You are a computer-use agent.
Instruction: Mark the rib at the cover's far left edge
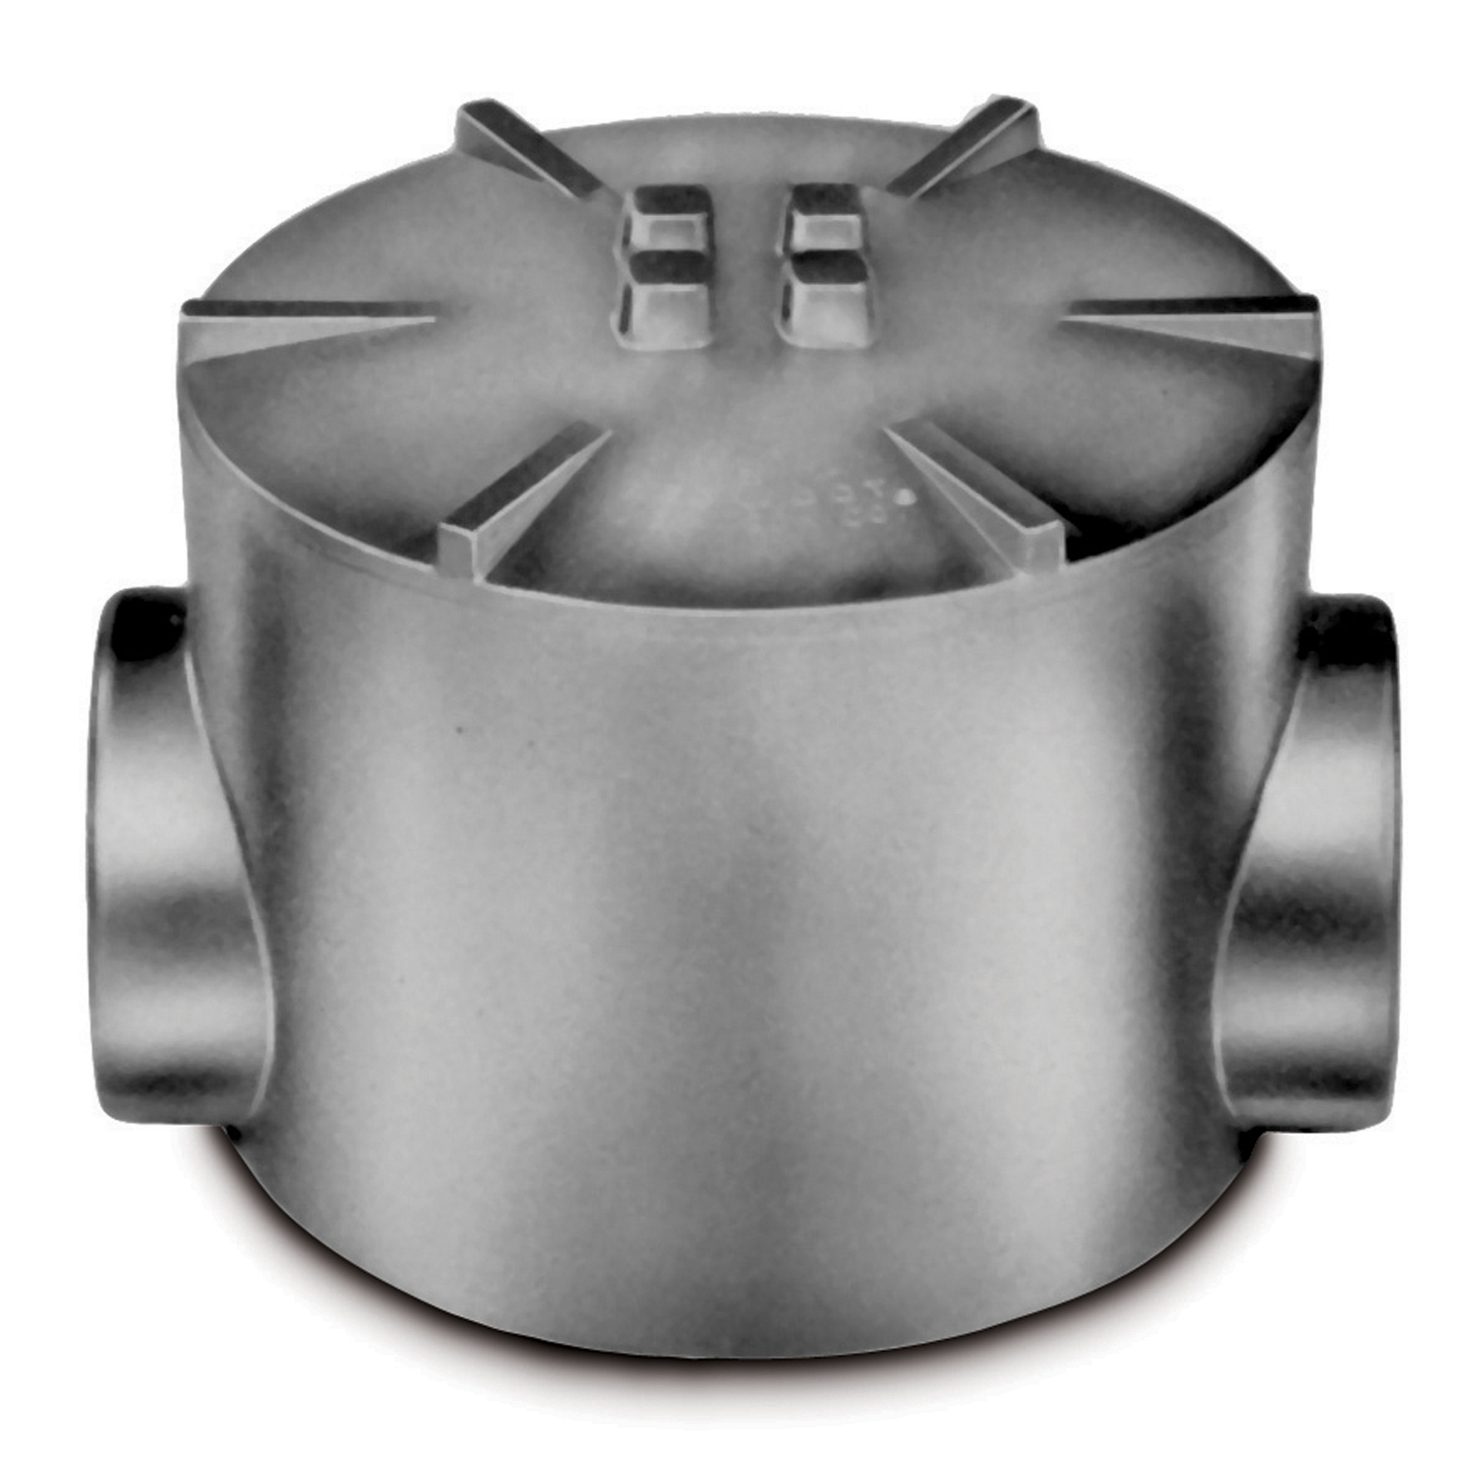pyautogui.click(x=306, y=321)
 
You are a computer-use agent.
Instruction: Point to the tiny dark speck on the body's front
pyautogui.click(x=456, y=732)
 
